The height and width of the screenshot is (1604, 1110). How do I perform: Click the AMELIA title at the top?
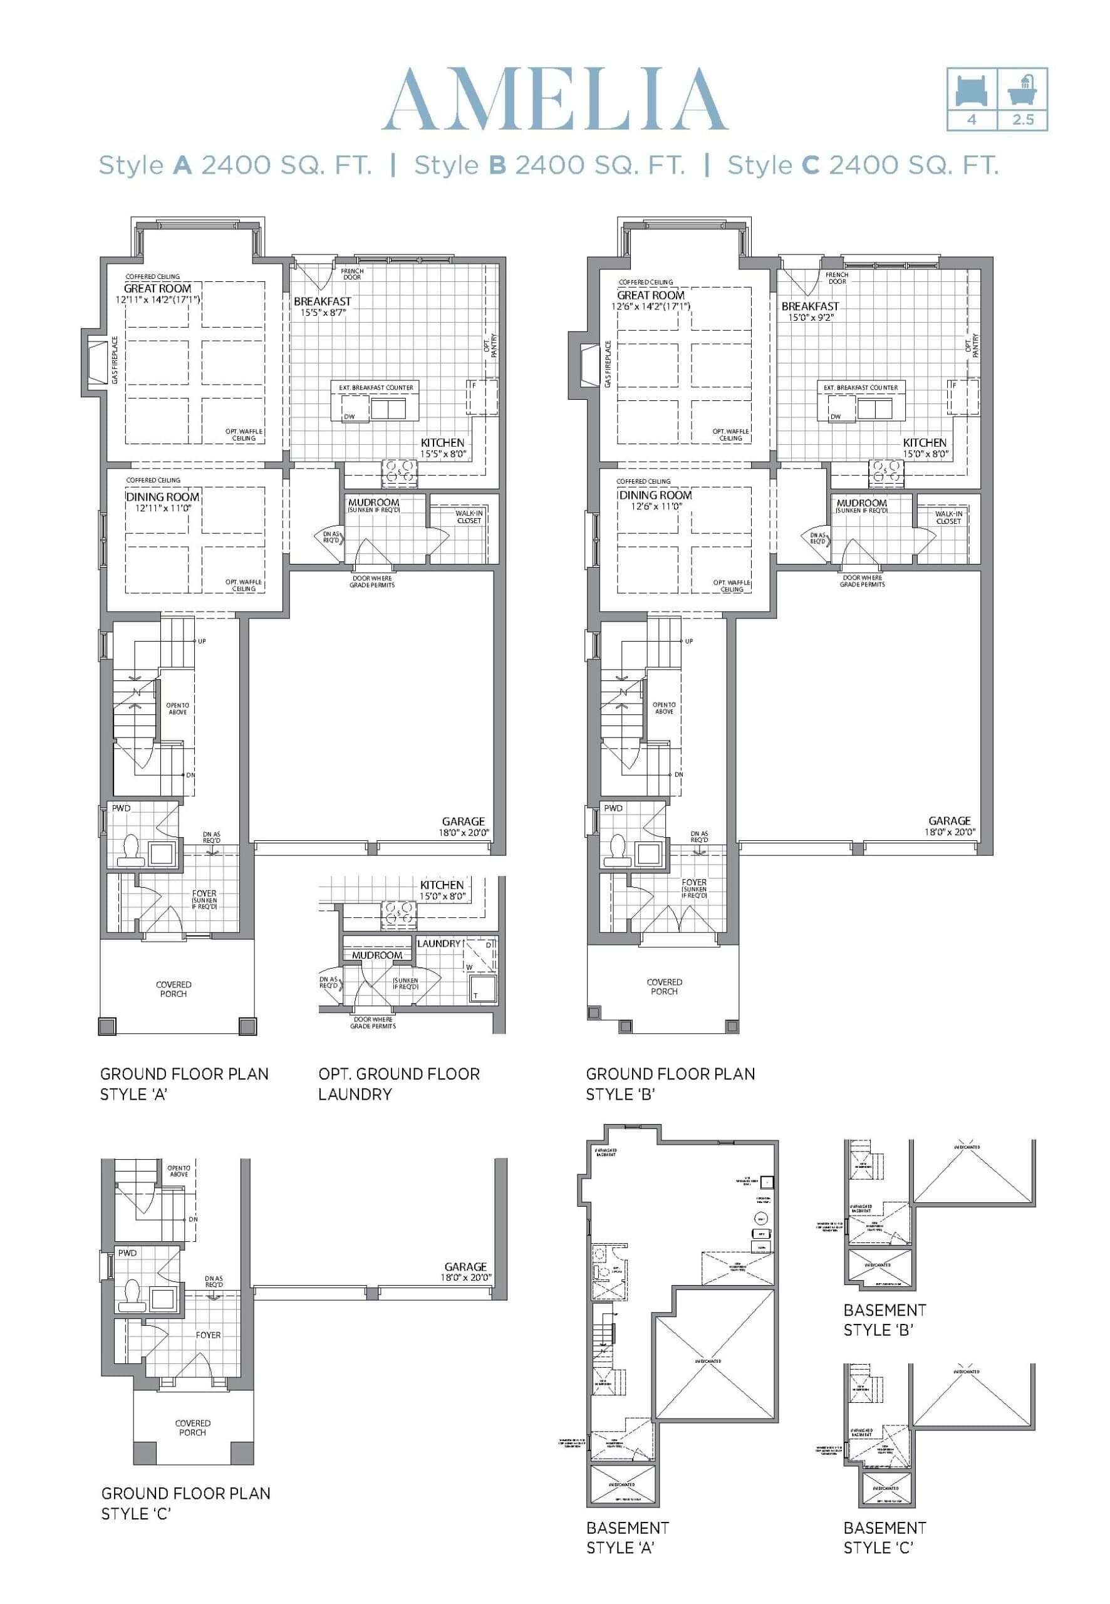[554, 100]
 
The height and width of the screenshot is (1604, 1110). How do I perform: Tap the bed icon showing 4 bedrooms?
[971, 90]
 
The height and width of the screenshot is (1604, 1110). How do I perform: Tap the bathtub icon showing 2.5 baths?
[1022, 90]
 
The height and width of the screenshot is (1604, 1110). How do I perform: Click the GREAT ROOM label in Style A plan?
[157, 288]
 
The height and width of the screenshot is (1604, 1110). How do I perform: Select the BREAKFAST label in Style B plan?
[809, 306]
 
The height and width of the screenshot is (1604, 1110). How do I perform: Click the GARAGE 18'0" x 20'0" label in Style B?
[950, 826]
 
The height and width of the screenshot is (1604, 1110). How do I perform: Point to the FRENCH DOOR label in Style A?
[352, 273]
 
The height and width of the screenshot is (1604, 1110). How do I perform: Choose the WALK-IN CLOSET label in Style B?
[948, 518]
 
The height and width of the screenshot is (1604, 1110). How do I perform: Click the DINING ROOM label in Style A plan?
[163, 497]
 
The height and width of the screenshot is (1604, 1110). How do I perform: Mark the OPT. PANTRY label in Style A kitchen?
[490, 346]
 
